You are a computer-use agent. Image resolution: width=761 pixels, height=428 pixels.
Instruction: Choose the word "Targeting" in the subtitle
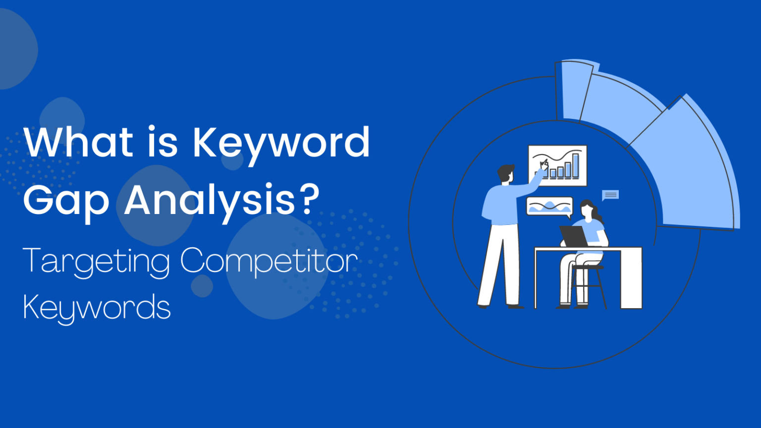coord(96,262)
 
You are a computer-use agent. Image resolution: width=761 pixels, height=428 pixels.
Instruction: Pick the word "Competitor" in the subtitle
coord(269,262)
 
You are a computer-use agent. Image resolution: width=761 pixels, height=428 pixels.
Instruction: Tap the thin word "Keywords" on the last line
coord(97,307)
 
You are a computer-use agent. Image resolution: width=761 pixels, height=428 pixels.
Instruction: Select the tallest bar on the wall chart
coord(576,165)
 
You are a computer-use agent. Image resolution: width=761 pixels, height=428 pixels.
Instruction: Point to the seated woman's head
coord(587,208)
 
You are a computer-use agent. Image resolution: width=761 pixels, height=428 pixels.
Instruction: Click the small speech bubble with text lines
coord(610,195)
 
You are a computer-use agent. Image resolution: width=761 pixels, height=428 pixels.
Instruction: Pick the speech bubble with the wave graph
coord(549,206)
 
